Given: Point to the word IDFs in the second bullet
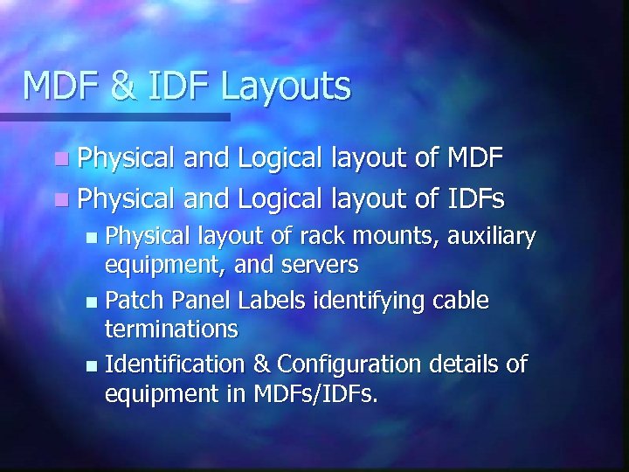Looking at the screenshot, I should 474,199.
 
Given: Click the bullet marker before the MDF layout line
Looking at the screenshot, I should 59,159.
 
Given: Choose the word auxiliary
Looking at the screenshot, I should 491,237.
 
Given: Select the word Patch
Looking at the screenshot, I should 135,301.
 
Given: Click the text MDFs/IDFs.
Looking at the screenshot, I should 316,393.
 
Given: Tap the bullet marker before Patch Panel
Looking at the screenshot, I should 93,302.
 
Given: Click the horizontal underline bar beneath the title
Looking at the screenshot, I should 114,116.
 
